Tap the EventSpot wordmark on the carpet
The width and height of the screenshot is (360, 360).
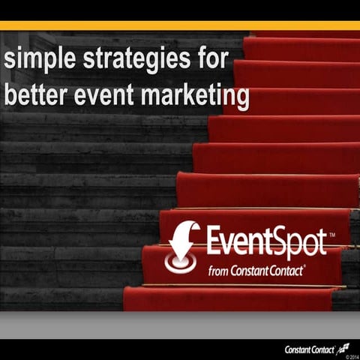pyautogui.click(x=266, y=242)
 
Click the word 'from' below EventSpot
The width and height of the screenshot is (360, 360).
pyautogui.click(x=218, y=270)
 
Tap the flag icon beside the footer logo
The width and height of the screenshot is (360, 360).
pyautogui.click(x=344, y=346)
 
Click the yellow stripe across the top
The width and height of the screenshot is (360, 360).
pyautogui.click(x=180, y=26)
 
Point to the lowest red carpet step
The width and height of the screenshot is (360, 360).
pyautogui.click(x=232, y=298)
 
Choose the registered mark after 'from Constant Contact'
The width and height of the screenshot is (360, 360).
pyautogui.click(x=304, y=265)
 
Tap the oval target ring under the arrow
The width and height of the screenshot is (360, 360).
pyautogui.click(x=181, y=265)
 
